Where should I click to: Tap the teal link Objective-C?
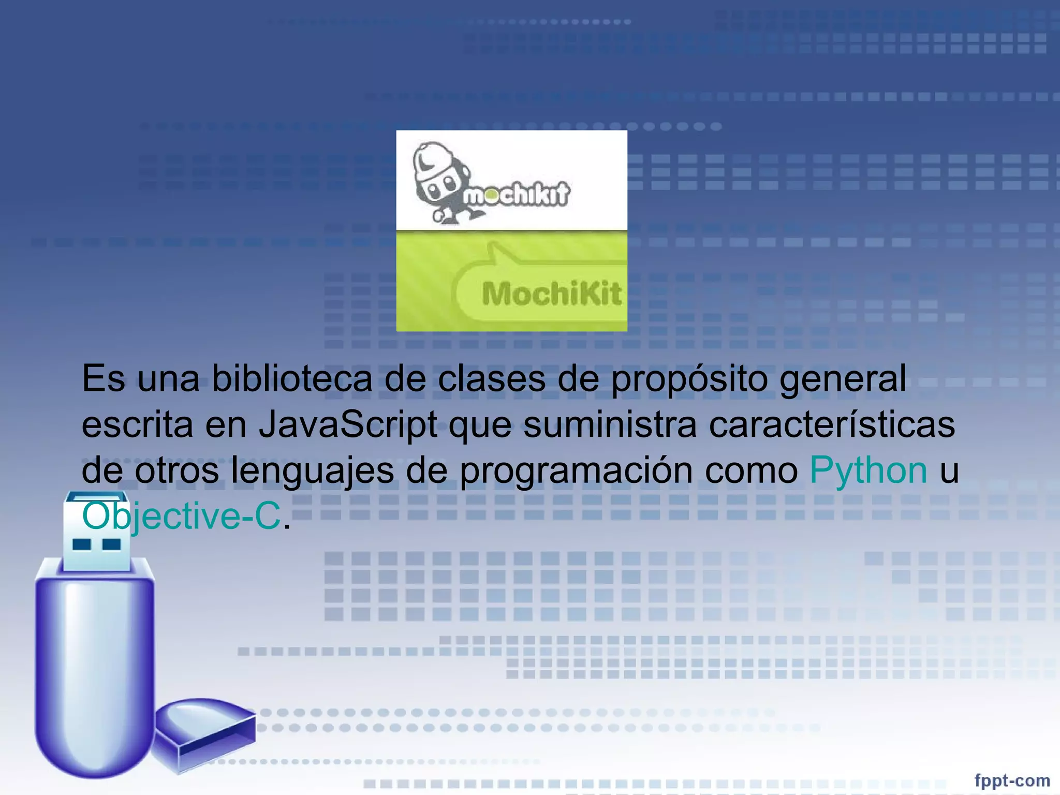(x=181, y=516)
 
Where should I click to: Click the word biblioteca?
(x=292, y=379)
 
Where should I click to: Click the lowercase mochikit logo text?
(x=516, y=195)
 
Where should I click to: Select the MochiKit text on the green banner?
(x=551, y=294)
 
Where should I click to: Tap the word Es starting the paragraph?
(x=103, y=379)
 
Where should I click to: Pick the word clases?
(x=491, y=379)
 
